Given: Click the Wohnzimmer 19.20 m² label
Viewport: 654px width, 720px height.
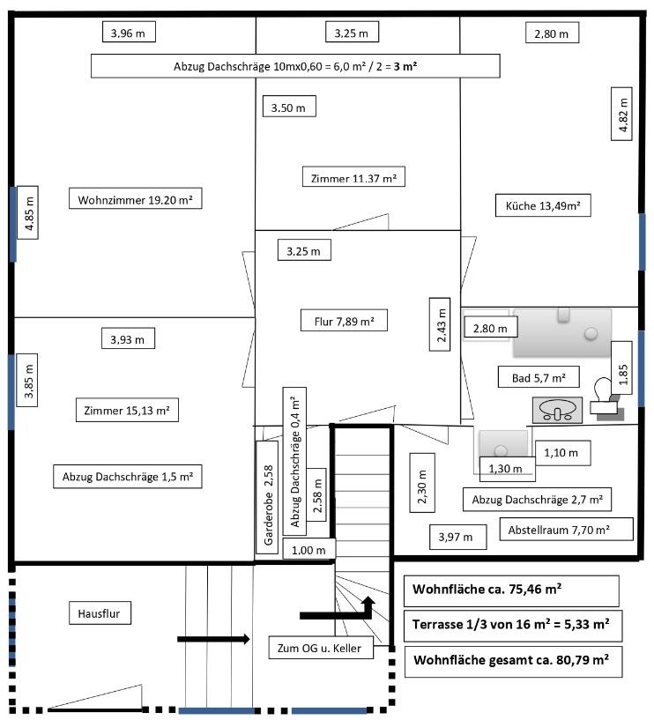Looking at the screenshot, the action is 136,198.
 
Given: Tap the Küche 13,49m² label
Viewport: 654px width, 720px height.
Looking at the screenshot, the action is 543,205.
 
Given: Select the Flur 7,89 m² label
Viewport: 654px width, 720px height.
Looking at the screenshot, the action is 344,321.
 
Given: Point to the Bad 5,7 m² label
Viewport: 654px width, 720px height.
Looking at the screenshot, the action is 539,377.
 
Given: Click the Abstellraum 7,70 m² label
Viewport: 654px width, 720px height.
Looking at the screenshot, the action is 566,529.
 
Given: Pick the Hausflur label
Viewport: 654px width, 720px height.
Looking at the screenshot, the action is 100,613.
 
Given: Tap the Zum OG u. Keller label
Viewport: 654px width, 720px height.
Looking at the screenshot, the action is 321,648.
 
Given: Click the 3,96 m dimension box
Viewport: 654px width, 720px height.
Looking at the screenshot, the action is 129,32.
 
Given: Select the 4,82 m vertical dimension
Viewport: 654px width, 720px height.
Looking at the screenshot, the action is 622,114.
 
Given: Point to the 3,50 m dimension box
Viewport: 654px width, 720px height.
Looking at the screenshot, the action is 289,106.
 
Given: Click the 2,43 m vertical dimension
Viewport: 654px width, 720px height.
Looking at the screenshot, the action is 440,324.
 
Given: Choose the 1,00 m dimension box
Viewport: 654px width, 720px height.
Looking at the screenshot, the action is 309,548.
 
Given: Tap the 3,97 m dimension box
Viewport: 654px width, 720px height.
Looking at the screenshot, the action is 458,537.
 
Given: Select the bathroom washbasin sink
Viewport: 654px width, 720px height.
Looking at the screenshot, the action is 557,410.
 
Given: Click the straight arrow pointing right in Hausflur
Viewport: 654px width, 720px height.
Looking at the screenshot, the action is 213,639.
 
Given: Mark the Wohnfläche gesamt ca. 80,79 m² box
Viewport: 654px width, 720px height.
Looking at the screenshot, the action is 514,662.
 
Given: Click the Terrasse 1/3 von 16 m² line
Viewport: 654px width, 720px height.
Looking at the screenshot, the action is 513,626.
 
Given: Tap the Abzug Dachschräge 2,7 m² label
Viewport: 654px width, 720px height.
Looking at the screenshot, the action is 537,499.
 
